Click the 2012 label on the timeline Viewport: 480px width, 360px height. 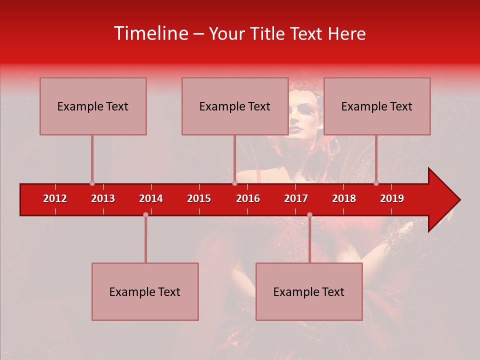click(55, 198)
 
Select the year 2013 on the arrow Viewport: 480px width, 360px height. click(103, 198)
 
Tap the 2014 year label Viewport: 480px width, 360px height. click(151, 198)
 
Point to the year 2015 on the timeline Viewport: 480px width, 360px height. click(199, 198)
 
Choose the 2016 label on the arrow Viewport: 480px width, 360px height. click(248, 198)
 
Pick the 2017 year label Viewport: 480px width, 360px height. click(296, 198)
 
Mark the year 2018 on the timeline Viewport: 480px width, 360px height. click(344, 198)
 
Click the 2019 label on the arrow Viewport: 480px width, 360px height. click(392, 198)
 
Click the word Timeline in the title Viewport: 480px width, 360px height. click(150, 33)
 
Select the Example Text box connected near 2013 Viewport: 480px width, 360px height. click(93, 106)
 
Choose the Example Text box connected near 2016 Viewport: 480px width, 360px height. click(235, 106)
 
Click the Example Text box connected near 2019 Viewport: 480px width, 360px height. click(377, 106)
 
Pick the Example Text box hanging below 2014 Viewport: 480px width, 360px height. click(145, 291)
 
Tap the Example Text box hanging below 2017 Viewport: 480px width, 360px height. click(309, 291)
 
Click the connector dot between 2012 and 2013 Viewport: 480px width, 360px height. click(92, 183)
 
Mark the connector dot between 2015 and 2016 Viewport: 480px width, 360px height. click(234, 183)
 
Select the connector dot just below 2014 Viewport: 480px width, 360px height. click(145, 214)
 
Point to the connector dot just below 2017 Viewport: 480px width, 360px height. click(309, 214)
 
